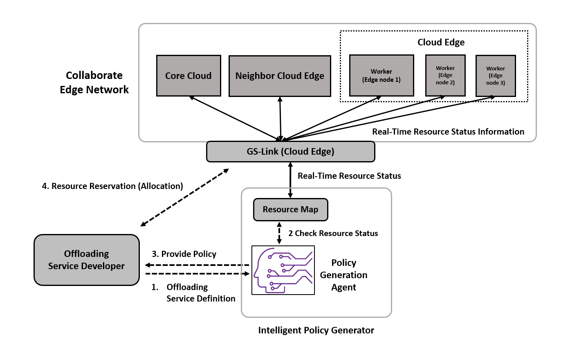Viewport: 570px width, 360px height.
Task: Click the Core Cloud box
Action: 189,76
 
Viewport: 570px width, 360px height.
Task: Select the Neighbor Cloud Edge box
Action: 280,76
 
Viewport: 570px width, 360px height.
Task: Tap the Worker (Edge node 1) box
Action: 381,76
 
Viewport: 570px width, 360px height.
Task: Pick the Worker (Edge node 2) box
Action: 445,75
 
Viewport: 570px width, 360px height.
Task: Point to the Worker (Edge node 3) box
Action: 496,76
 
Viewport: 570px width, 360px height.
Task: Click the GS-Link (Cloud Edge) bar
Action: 290,151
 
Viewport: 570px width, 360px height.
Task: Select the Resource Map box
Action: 290,209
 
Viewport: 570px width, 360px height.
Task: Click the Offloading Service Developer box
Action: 87,260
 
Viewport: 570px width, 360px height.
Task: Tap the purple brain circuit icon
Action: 283,270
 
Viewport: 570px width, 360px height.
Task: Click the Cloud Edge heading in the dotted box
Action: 441,42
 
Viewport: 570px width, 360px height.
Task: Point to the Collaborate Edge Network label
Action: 94,82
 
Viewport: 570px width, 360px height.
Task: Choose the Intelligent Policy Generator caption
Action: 316,330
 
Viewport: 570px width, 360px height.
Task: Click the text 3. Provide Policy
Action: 184,254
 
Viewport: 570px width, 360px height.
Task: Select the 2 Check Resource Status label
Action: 333,233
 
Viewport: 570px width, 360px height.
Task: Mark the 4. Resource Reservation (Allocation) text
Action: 112,186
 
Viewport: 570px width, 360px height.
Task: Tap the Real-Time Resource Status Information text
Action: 448,132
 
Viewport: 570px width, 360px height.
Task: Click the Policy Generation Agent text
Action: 343,275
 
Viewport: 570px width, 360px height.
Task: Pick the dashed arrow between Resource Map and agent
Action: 279,233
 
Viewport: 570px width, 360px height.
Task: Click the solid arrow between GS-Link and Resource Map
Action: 290,180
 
